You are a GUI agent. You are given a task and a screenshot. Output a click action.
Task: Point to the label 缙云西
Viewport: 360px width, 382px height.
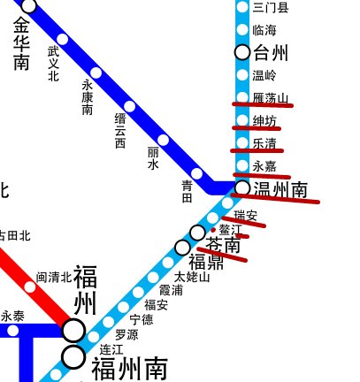point(120,130)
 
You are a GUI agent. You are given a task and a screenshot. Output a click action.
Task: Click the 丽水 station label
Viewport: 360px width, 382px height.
point(153,158)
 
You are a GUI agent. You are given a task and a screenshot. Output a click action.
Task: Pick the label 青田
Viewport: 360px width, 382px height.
point(187,191)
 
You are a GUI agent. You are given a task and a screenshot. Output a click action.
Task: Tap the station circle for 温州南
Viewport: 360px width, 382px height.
point(242,187)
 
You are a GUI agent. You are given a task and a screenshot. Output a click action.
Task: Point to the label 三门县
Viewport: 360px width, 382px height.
point(270,8)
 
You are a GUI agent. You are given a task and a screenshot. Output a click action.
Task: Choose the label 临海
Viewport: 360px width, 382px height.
point(264,30)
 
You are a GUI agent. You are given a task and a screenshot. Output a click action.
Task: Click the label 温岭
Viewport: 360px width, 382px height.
point(264,75)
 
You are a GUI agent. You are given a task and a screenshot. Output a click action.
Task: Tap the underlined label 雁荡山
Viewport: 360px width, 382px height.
point(270,98)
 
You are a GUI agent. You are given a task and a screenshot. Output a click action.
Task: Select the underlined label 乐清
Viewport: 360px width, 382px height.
point(264,143)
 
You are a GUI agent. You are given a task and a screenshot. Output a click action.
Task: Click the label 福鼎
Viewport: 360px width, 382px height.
point(207,262)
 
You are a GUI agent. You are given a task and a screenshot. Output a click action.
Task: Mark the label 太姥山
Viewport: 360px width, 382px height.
point(192,278)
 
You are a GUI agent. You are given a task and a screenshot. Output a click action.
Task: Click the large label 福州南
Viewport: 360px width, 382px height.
point(130,366)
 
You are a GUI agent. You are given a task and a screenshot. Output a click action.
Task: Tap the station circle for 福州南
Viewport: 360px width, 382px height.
point(73,357)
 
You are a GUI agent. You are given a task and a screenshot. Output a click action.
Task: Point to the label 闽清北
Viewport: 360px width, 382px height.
point(54,277)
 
